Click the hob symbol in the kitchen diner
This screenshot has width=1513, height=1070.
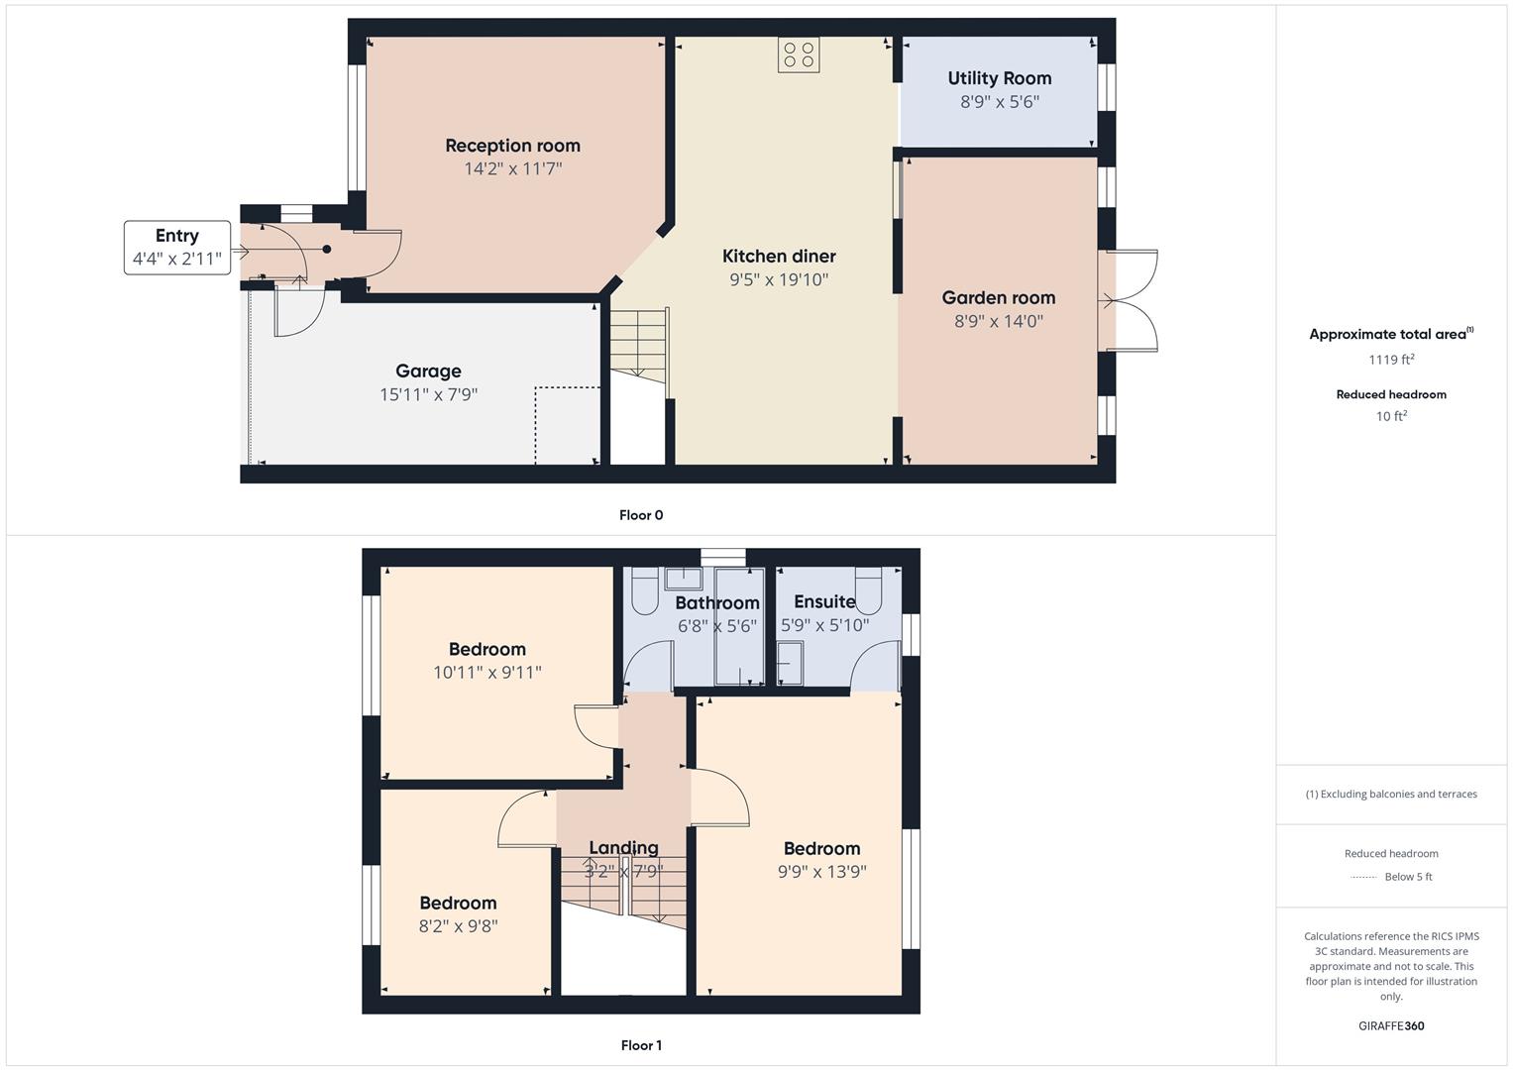pyautogui.click(x=799, y=54)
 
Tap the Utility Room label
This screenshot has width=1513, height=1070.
pyautogui.click(x=999, y=78)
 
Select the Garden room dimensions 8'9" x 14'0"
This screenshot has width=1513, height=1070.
pyautogui.click(x=999, y=321)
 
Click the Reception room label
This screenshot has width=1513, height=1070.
pyautogui.click(x=512, y=146)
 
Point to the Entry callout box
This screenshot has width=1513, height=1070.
pyautogui.click(x=177, y=248)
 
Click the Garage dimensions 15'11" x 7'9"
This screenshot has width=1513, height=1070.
pyautogui.click(x=428, y=394)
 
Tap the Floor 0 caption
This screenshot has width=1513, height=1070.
pyautogui.click(x=641, y=515)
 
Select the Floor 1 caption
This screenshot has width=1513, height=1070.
pyautogui.click(x=641, y=1045)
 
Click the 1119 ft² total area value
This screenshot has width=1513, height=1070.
pyautogui.click(x=1391, y=360)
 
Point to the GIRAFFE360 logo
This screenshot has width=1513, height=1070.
pyautogui.click(x=1391, y=1026)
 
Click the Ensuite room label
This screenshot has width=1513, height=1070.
pyautogui.click(x=824, y=602)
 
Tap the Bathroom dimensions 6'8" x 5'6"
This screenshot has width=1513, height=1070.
pyautogui.click(x=717, y=626)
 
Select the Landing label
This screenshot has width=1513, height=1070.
pyautogui.click(x=623, y=848)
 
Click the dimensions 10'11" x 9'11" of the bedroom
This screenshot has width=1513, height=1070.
pyautogui.click(x=487, y=673)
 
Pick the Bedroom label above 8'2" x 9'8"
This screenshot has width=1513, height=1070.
pyautogui.click(x=458, y=904)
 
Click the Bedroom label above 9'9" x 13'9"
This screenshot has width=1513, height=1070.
pyautogui.click(x=822, y=848)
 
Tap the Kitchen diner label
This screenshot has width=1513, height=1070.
pyautogui.click(x=779, y=257)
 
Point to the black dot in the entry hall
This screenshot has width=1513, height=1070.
pyautogui.click(x=327, y=250)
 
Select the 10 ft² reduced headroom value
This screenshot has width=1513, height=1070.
pyautogui.click(x=1391, y=416)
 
